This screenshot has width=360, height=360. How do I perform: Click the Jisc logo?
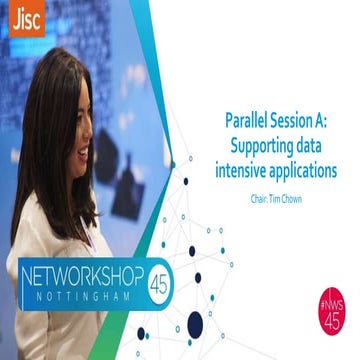25,19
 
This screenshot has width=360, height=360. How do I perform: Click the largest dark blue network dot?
196,322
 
